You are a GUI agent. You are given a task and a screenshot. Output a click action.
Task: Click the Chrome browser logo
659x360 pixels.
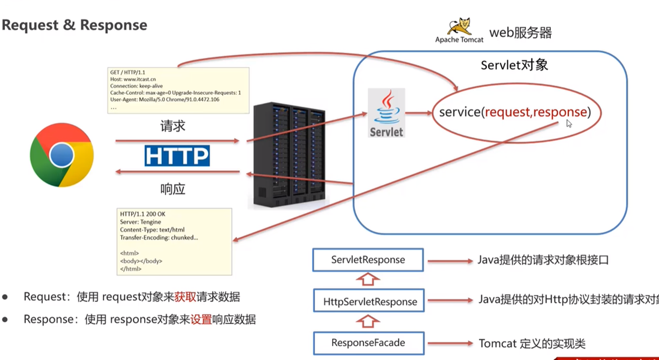point(62,155)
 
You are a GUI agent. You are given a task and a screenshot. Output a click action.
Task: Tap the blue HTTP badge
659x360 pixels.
point(177,156)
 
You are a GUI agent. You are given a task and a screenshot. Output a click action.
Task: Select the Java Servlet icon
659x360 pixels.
point(386,112)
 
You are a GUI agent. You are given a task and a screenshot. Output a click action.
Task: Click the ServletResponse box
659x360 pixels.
point(368,260)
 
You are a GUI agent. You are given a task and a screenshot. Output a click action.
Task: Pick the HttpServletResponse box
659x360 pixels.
point(369,301)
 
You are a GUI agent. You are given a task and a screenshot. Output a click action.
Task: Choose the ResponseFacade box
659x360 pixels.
point(368,343)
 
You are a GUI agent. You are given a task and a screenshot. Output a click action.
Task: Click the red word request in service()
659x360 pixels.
point(507,112)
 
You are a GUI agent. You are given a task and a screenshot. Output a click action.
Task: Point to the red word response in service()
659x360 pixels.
point(560,112)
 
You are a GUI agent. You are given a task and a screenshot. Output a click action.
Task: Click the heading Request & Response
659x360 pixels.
point(75,25)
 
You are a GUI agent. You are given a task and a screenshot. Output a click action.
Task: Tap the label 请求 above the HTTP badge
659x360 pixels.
point(173,126)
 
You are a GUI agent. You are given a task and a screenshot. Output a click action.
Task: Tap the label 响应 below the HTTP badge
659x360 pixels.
point(173,189)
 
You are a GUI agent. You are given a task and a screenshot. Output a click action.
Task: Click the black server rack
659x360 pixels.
point(289,155)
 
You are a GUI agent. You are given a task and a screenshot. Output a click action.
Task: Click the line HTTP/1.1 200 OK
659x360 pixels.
point(142,214)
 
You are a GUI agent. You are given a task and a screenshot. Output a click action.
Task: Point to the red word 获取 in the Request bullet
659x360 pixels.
point(185,297)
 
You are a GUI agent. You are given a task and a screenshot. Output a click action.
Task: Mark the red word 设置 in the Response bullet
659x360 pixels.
point(201,320)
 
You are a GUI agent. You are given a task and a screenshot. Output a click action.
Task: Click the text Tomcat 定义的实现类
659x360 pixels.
point(532,344)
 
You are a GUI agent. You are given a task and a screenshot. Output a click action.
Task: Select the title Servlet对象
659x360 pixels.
point(514,65)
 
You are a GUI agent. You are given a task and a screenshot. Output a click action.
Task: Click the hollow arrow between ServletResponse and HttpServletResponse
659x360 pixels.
point(368,280)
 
